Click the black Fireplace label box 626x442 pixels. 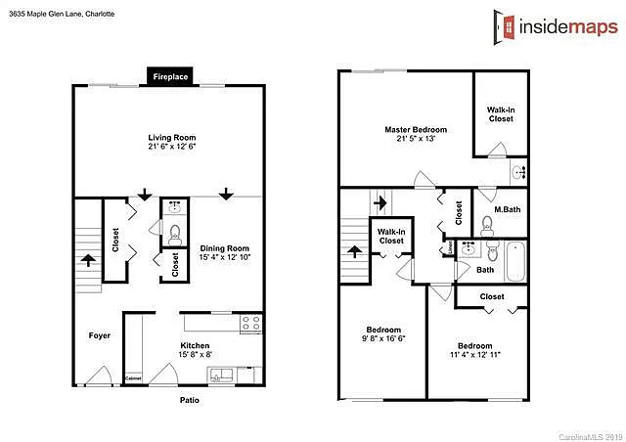point(170,75)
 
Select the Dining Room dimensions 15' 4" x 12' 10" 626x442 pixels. point(225,257)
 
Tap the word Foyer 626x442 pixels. point(99,335)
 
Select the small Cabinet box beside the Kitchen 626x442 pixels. point(133,377)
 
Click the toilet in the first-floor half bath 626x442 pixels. point(175,233)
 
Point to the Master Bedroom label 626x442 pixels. point(416,129)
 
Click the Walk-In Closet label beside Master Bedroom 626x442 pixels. point(501,114)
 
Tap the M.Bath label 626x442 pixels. point(506,209)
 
